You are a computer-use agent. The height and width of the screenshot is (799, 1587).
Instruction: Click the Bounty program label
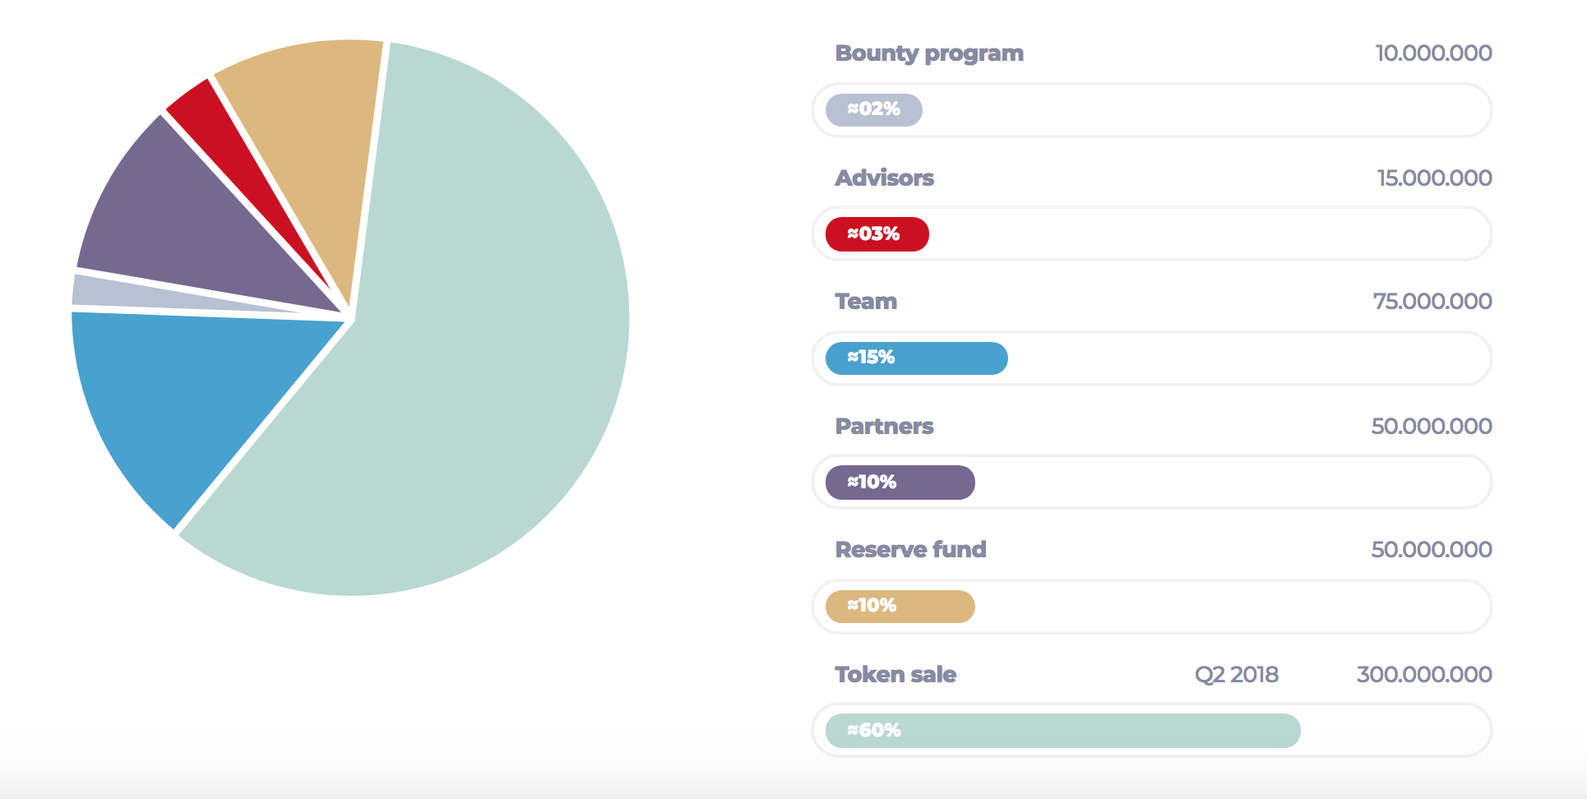pyautogui.click(x=929, y=53)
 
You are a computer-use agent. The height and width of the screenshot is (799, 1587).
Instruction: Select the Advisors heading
pyautogui.click(x=884, y=178)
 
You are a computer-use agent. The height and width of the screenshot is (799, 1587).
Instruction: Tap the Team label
pyautogui.click(x=866, y=302)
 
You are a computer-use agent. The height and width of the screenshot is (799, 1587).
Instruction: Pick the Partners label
pyautogui.click(x=884, y=427)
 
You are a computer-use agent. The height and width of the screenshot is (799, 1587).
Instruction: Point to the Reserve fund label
pyautogui.click(x=910, y=550)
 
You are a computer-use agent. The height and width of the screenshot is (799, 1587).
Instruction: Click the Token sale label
pyautogui.click(x=895, y=675)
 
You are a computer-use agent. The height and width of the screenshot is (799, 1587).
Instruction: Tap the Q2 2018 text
pyautogui.click(x=1236, y=675)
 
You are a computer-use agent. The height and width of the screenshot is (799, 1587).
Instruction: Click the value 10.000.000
pyautogui.click(x=1433, y=53)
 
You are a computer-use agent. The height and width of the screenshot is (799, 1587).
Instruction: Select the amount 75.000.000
pyautogui.click(x=1432, y=302)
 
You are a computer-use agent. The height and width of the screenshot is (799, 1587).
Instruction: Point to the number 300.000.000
pyautogui.click(x=1423, y=675)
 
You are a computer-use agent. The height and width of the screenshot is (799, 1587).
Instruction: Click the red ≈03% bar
pyautogui.click(x=877, y=234)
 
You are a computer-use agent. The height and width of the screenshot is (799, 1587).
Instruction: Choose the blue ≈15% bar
pyautogui.click(x=916, y=358)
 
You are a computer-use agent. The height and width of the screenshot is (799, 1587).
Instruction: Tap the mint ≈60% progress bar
pyautogui.click(x=1062, y=731)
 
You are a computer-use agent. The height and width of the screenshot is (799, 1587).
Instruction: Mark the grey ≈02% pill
pyautogui.click(x=873, y=110)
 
